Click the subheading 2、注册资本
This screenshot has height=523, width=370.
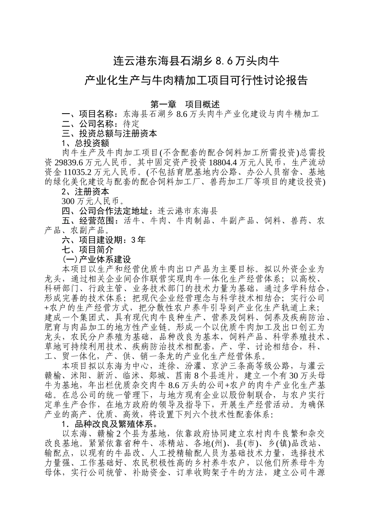coord(85,191)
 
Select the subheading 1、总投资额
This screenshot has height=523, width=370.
coord(85,143)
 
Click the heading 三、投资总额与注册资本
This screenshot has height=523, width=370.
coord(109,133)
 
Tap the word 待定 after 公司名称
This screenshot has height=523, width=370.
coord(131,124)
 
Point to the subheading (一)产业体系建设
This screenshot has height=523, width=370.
coord(97,259)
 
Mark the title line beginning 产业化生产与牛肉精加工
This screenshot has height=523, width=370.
coord(196,81)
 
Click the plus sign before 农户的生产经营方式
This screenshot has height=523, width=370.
coord(47,308)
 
